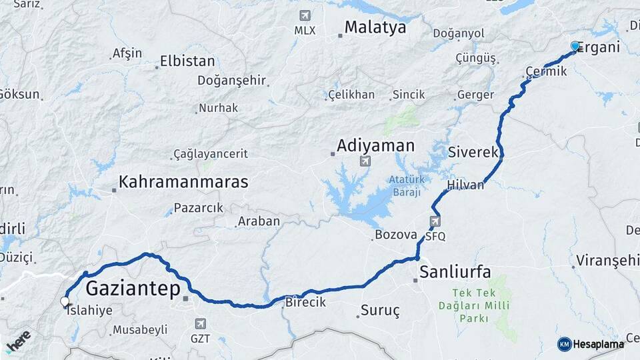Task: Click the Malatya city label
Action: click(375, 28)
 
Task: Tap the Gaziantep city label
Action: click(133, 289)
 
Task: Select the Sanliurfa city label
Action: click(455, 271)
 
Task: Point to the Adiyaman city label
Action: click(375, 145)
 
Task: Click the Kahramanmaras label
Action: click(183, 181)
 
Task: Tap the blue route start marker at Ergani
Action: click(575, 46)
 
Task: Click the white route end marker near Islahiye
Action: click(65, 302)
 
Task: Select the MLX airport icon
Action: click(305, 16)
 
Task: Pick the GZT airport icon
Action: click(200, 323)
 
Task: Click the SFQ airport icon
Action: click(435, 221)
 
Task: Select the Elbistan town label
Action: click(187, 61)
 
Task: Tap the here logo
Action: click(19, 340)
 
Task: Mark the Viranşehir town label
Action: click(607, 259)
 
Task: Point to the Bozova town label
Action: click(396, 235)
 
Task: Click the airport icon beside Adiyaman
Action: click(365, 161)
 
